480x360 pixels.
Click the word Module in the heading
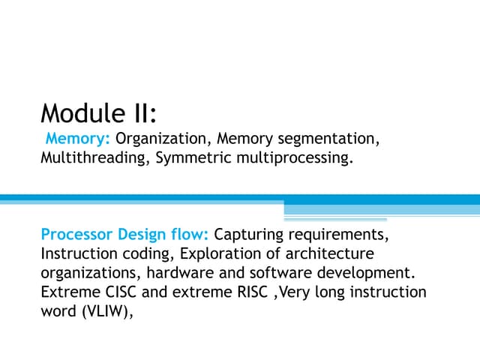point(82,113)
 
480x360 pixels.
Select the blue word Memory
point(75,139)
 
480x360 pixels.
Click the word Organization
point(160,139)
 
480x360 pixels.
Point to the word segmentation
point(326,139)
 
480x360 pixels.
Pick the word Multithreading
point(93,158)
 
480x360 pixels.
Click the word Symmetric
point(193,158)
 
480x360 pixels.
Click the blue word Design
point(142,235)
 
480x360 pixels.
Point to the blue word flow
point(187,234)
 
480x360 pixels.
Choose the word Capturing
point(248,235)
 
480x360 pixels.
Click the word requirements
point(336,235)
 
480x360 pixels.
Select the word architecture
point(330,253)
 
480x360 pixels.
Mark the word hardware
point(180,273)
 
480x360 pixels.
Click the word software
point(280,273)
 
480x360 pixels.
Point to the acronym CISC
point(121,292)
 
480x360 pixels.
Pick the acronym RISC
point(253,292)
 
